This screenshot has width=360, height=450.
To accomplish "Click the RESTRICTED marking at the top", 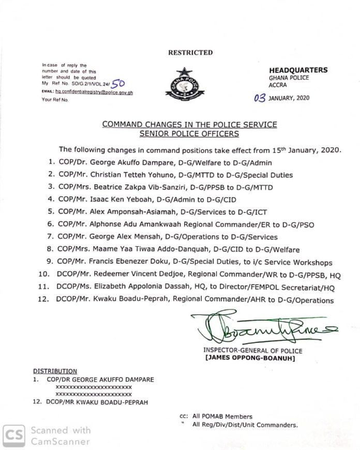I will (190, 52).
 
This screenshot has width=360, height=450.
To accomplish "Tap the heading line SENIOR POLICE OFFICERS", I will (189, 134).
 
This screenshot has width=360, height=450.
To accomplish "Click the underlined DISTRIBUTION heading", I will (55, 371).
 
